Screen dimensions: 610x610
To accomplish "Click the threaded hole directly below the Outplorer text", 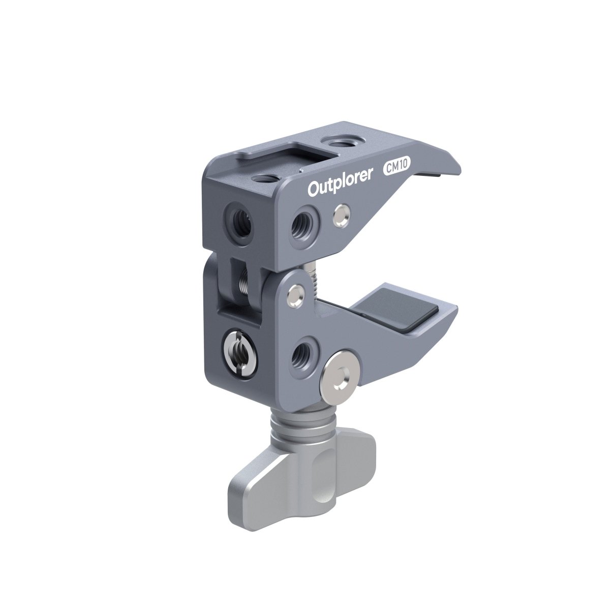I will click(303, 220).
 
